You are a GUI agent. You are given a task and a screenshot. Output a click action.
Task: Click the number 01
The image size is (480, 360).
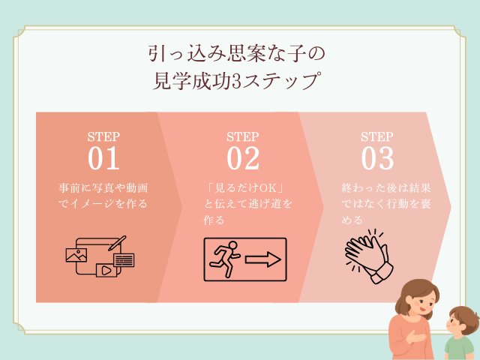(103, 158)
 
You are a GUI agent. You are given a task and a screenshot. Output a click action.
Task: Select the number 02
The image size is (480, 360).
(242, 158)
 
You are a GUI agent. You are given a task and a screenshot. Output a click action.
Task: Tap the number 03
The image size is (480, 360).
(377, 158)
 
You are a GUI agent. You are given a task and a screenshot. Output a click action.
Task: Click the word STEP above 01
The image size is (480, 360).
(103, 136)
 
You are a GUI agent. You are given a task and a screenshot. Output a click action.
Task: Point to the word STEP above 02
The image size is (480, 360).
(242, 136)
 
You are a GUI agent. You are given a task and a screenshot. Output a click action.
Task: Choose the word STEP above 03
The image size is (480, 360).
(377, 136)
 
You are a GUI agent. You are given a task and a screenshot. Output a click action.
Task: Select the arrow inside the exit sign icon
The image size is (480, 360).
(262, 259)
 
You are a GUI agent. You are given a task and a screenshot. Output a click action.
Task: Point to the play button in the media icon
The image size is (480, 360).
(104, 268)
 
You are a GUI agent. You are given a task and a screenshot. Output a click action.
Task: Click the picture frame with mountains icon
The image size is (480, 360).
(76, 255)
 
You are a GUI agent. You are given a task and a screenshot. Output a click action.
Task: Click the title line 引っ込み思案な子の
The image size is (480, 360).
(240, 55)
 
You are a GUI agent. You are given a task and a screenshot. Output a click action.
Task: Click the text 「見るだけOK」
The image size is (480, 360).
(241, 187)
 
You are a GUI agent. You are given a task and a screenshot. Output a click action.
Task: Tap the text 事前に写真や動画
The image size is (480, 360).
(103, 187)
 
